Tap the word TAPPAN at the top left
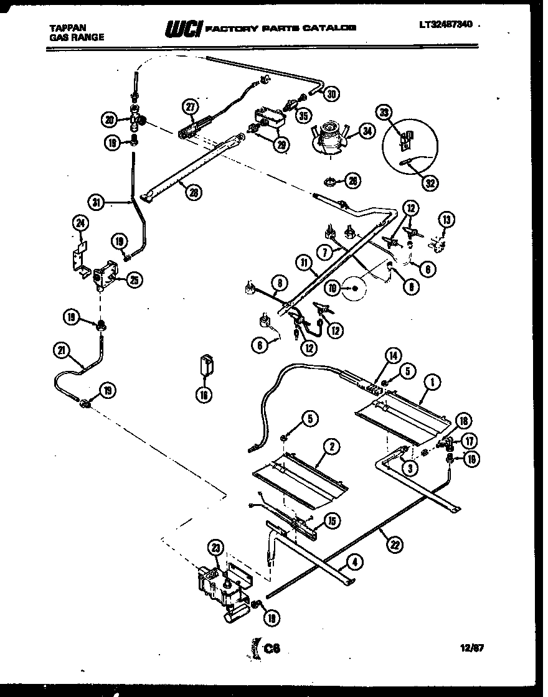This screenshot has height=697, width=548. pos(68,27)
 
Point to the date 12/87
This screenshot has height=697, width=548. pos(471,648)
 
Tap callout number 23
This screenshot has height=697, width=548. pos(215,549)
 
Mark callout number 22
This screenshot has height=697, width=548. pos(393,545)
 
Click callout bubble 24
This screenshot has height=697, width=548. pos(80,222)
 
